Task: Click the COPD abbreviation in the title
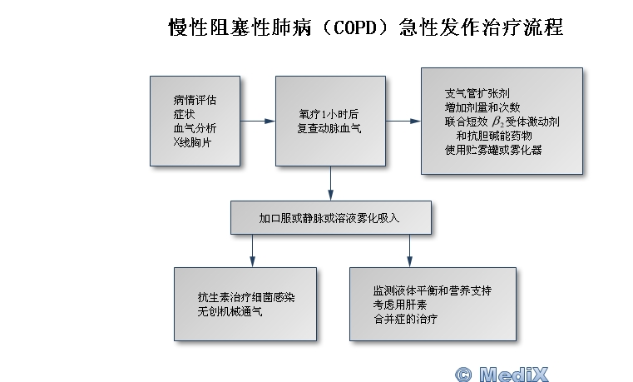click(x=355, y=27)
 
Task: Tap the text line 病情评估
click(x=195, y=100)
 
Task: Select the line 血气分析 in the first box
click(x=195, y=128)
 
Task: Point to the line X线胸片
click(x=192, y=142)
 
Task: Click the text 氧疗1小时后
click(x=329, y=114)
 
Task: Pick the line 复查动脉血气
click(x=329, y=128)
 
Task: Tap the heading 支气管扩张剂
click(x=477, y=93)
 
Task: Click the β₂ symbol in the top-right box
click(x=497, y=122)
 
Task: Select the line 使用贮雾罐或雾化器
click(x=493, y=150)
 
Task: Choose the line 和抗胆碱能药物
click(x=494, y=136)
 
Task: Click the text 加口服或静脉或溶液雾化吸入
click(x=329, y=218)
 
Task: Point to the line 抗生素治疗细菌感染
click(x=246, y=297)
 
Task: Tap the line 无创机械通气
click(x=230, y=311)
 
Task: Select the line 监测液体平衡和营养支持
click(x=433, y=290)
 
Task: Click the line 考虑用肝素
click(x=399, y=305)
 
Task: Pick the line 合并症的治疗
click(x=405, y=319)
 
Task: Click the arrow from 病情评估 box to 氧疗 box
click(x=258, y=121)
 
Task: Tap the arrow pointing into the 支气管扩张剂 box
click(x=403, y=121)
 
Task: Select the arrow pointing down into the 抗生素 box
click(x=252, y=251)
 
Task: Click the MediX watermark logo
click(x=502, y=374)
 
